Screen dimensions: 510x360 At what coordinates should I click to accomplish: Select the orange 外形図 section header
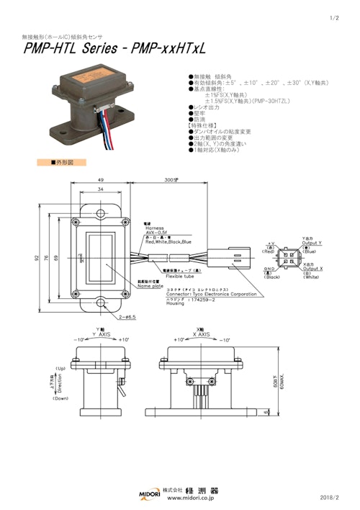tap(61, 163)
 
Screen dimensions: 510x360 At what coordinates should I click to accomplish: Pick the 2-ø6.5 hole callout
tap(126, 316)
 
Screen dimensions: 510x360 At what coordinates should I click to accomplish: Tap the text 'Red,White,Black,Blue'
tap(168, 242)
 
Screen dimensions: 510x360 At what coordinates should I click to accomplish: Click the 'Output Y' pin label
tap(312, 243)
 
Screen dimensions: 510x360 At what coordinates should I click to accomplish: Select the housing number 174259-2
tap(181, 299)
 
